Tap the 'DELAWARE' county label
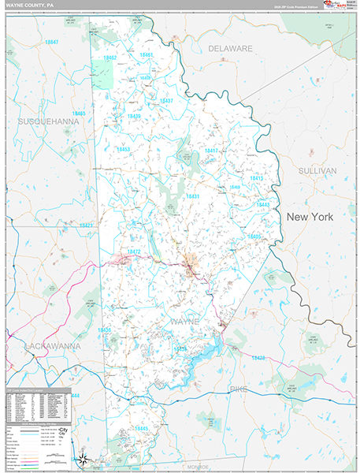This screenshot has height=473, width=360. click(x=230, y=49)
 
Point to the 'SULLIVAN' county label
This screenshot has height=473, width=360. click(x=317, y=170)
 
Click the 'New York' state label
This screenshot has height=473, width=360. click(x=310, y=216)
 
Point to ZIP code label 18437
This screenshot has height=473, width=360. click(x=166, y=101)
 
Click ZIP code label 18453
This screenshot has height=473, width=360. click(x=124, y=149)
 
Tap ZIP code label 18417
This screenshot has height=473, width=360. click(x=212, y=151)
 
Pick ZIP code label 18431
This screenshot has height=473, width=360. click(x=191, y=196)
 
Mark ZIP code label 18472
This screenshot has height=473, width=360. click(x=134, y=251)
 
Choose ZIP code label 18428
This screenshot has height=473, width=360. click(x=257, y=358)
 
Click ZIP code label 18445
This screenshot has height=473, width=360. click(x=141, y=428)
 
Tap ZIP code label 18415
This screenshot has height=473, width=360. click(x=257, y=179)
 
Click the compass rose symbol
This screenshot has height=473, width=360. click(x=84, y=460)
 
